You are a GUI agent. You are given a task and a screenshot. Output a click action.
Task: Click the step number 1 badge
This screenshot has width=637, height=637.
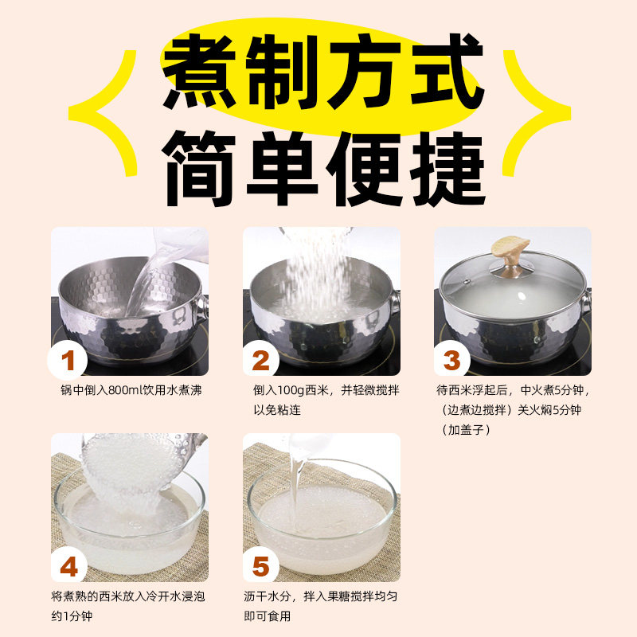point(68,361)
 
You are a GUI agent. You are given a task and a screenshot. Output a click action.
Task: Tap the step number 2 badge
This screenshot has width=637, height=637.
point(260,361)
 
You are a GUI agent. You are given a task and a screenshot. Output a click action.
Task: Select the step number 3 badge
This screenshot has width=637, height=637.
point(451,361)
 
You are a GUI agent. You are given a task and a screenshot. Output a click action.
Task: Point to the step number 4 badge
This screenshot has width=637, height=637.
point(68,567)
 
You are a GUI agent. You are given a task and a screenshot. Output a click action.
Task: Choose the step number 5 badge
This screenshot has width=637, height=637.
point(260,567)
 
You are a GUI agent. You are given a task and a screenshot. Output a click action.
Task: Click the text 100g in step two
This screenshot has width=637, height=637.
point(293,390)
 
